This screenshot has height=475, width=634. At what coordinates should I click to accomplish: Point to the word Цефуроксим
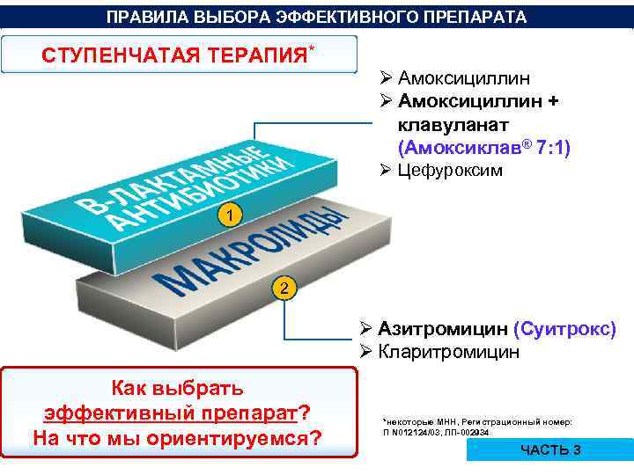451,171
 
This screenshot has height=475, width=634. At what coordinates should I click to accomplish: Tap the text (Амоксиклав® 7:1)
484,147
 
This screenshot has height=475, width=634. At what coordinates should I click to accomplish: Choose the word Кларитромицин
449,352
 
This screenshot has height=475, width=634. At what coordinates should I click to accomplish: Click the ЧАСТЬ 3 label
550,450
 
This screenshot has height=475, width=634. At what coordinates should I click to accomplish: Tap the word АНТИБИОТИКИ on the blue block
198,194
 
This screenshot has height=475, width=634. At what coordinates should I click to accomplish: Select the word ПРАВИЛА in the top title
139,18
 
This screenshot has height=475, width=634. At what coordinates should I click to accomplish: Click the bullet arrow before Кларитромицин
366,353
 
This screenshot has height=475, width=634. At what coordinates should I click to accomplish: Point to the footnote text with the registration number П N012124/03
435,432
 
